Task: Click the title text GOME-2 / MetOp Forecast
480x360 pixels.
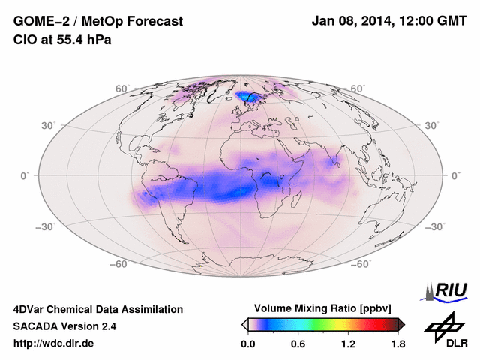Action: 97,22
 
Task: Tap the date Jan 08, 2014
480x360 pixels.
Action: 352,22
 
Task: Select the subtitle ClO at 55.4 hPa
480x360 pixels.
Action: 62,40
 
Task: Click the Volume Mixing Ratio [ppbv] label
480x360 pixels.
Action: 323,308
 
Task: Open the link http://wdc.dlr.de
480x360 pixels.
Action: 54,343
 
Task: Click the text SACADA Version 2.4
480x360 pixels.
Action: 64,326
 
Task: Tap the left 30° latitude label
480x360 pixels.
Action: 49,125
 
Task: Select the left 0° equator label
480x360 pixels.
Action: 25,175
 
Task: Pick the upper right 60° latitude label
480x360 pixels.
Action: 358,88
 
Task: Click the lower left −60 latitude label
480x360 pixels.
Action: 118,264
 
